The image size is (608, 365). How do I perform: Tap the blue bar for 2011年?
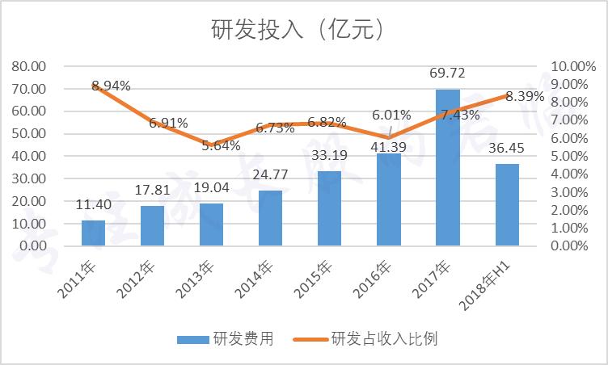pyautogui.click(x=93, y=233)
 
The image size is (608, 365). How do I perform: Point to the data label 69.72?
pyautogui.click(x=447, y=74)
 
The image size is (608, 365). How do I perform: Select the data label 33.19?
pyautogui.click(x=329, y=157)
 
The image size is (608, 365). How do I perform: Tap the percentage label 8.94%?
pyautogui.click(x=111, y=85)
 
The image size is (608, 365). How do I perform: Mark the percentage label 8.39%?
pyautogui.click(x=525, y=96)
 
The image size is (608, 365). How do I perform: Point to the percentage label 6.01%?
pyautogui.click(x=391, y=115)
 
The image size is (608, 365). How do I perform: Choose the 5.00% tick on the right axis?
pyautogui.click(x=576, y=156)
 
